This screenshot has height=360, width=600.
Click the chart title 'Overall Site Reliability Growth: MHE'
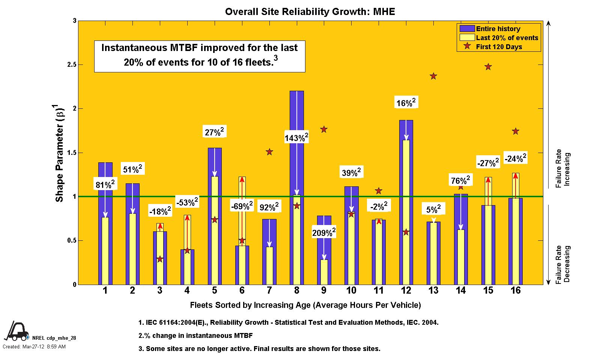pyautogui.click(x=310, y=12)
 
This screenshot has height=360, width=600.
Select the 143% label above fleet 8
pyautogui.click(x=296, y=138)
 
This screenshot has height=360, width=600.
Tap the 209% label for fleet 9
pyautogui.click(x=324, y=233)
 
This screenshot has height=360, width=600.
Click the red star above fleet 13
pyautogui.click(x=433, y=76)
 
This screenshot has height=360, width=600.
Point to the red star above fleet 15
pyautogui.click(x=488, y=67)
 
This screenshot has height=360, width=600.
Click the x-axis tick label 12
pyautogui.click(x=406, y=290)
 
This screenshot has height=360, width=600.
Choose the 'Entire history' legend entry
pyautogui.click(x=498, y=29)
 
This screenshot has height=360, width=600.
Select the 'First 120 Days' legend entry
pyautogui.click(x=499, y=47)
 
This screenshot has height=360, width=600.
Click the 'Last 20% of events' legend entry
pyautogui.click(x=507, y=38)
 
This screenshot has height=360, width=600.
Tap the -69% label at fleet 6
pyautogui.click(x=242, y=206)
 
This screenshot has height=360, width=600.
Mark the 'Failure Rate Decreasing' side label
pyautogui.click(x=563, y=264)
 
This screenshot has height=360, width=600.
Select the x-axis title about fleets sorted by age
pyautogui.click(x=305, y=305)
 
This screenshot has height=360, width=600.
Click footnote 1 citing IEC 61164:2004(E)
pyautogui.click(x=288, y=322)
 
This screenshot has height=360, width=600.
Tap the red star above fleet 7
pyautogui.click(x=269, y=152)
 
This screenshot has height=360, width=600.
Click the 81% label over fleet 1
pyautogui.click(x=105, y=184)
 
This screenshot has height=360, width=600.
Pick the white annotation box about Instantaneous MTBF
pyautogui.click(x=199, y=56)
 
